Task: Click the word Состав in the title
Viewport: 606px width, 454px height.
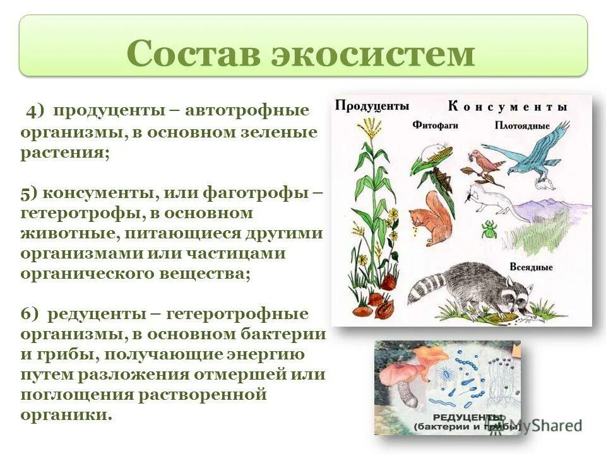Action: tap(194, 54)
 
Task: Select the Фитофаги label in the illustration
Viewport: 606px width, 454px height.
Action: tap(435, 125)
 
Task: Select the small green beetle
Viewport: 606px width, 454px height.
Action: tap(489, 229)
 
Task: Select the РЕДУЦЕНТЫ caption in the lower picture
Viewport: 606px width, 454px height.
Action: tap(467, 417)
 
